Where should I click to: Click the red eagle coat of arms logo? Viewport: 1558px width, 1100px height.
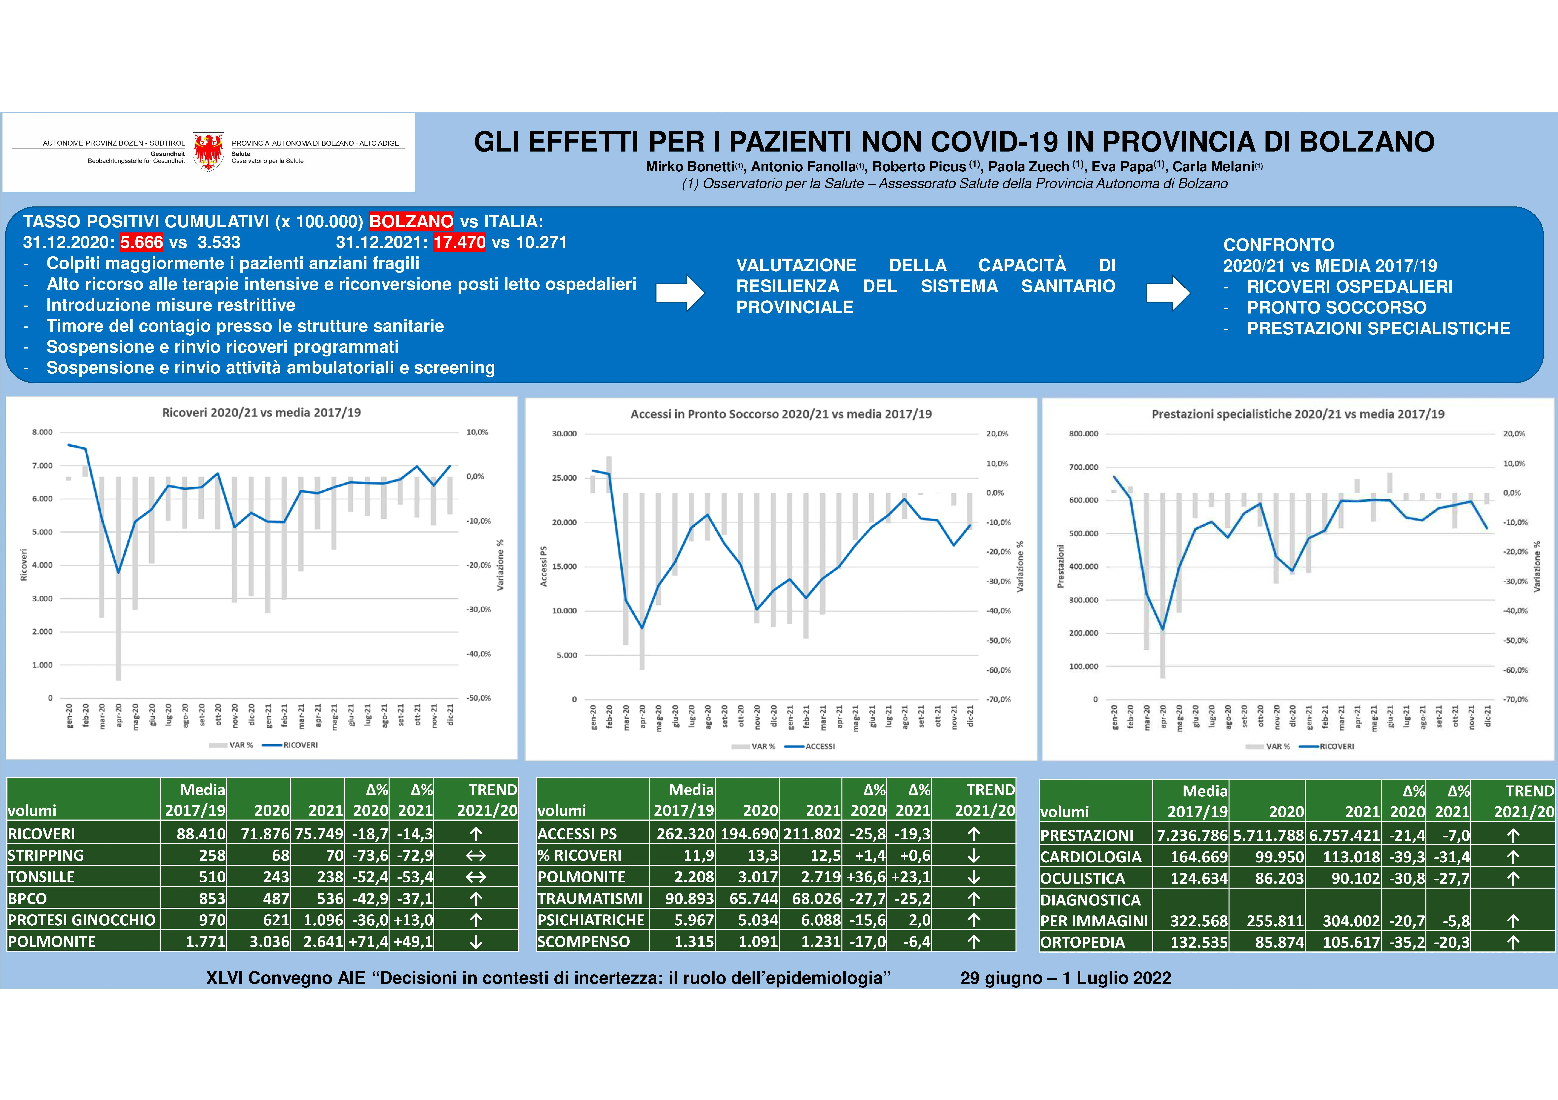[208, 151]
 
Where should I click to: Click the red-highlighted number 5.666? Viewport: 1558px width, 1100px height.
[142, 242]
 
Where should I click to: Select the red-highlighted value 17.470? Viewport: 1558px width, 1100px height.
[459, 242]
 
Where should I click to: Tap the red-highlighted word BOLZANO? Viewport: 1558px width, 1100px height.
[411, 221]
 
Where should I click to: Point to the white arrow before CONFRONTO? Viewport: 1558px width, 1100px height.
[1167, 293]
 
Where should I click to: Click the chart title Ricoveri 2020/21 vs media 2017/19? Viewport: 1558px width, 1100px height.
[261, 412]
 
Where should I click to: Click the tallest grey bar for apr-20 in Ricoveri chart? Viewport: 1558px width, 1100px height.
[118, 577]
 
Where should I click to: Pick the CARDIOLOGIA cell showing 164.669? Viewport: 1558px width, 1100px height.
[1198, 857]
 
